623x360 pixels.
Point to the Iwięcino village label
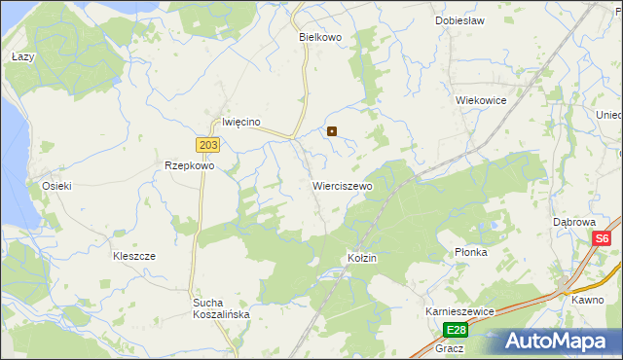click(x=241, y=122)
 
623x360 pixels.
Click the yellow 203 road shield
click(x=208, y=145)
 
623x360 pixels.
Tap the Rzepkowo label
click(x=189, y=165)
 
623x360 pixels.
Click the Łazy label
click(x=22, y=57)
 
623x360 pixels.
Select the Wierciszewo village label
click(x=342, y=185)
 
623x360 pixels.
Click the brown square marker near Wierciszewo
click(x=332, y=130)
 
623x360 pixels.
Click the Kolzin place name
click(x=361, y=258)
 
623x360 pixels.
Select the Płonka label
click(x=470, y=252)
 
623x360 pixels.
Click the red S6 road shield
click(x=603, y=238)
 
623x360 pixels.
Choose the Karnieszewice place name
click(x=460, y=310)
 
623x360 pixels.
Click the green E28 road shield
click(x=457, y=330)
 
